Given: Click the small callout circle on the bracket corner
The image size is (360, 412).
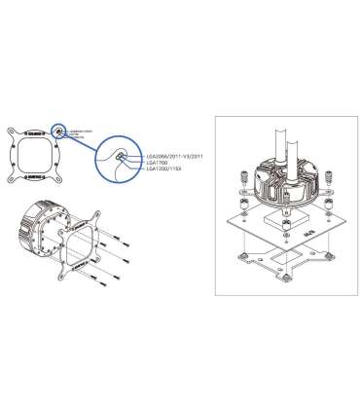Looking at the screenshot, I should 61,130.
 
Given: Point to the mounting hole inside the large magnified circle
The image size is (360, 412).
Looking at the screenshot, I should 119,158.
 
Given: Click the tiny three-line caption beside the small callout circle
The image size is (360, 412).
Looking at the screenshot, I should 80,130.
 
